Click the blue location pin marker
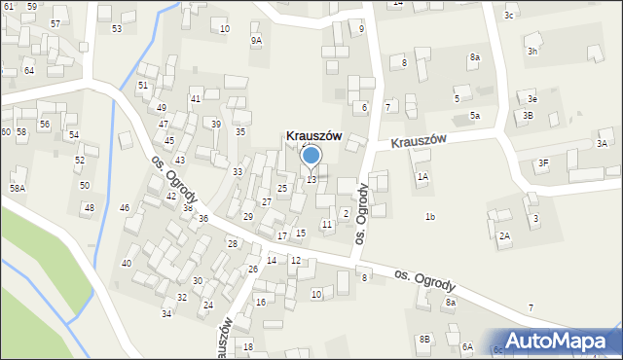click(x=311, y=157)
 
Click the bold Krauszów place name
click(x=313, y=136)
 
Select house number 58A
click(x=18, y=188)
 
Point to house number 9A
click(x=256, y=40)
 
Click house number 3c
click(x=509, y=16)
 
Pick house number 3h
click(x=532, y=51)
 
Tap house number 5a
click(x=475, y=116)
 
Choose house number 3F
click(x=542, y=162)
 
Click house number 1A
click(x=422, y=177)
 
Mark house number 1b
click(x=429, y=216)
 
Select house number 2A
click(x=504, y=235)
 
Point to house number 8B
click(x=424, y=339)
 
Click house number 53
click(x=117, y=28)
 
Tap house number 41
click(x=196, y=99)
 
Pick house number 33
click(x=238, y=172)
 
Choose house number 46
click(x=125, y=208)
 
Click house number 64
click(x=29, y=71)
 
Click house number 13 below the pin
click(x=311, y=180)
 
